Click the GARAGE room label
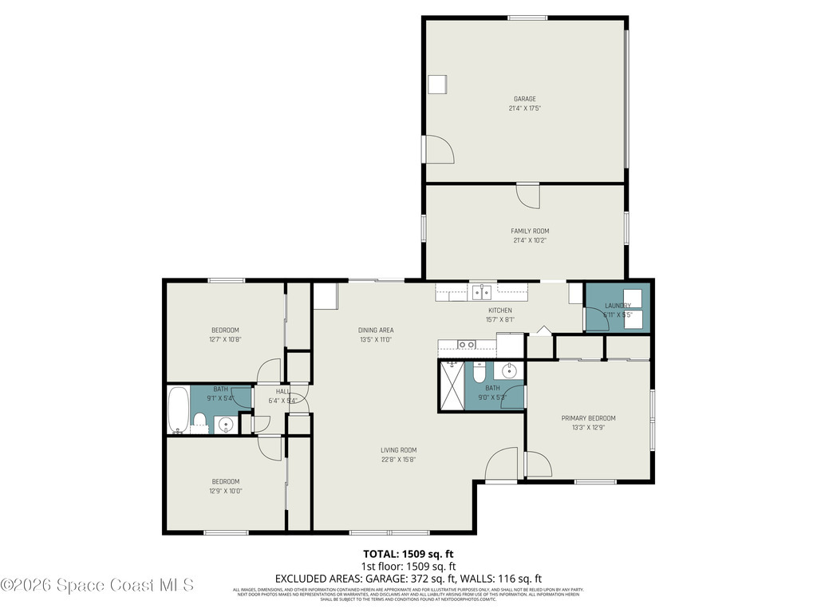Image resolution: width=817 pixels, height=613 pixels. click(524, 99)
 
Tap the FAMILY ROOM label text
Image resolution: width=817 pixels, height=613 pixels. click(530, 231)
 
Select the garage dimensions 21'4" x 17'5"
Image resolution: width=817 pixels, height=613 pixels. click(524, 109)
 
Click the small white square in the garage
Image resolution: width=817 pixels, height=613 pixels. click(437, 85)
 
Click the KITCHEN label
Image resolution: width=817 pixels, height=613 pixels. click(500, 310)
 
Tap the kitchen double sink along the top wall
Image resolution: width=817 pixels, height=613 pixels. click(481, 292)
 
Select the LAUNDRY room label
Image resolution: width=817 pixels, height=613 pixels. click(618, 306)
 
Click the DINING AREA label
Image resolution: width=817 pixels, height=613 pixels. click(375, 330)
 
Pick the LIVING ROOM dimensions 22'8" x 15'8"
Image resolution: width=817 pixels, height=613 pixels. click(398, 459)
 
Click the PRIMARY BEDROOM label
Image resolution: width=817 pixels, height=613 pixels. click(588, 417)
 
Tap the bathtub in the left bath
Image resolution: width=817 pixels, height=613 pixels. click(179, 409)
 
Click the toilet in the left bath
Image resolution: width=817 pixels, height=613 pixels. click(200, 421)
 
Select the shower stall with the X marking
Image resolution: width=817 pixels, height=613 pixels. click(452, 386)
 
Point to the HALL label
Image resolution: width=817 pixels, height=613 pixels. click(283, 391)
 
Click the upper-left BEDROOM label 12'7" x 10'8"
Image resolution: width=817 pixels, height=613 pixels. click(224, 330)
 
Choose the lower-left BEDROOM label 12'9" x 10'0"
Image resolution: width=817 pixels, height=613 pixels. click(225, 481)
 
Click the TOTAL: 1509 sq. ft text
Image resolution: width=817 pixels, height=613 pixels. click(408, 553)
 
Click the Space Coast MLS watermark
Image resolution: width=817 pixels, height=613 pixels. click(97, 585)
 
